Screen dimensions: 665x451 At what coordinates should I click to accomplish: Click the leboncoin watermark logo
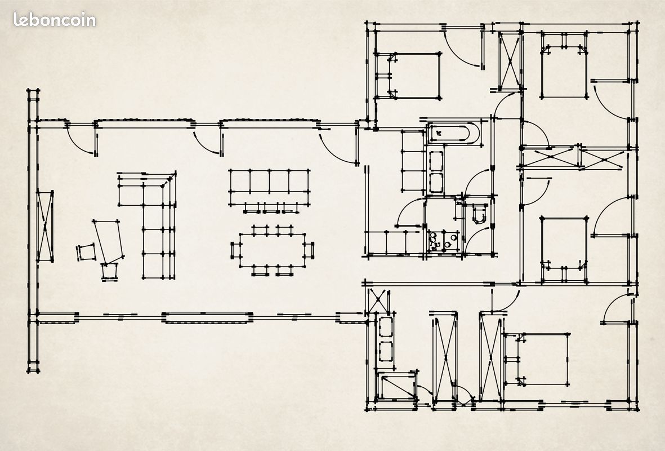[54, 20]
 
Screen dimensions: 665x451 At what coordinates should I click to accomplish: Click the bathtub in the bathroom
[453, 134]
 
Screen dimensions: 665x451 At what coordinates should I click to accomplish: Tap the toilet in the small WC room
[480, 214]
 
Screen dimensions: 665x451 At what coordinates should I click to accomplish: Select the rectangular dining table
[273, 250]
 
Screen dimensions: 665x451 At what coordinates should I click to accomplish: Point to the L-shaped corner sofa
[152, 221]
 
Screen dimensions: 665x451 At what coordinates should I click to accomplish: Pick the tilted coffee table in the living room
[108, 241]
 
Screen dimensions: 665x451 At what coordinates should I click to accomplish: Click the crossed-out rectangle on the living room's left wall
[45, 227]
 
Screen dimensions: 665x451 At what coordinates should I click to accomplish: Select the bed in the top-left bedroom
[413, 76]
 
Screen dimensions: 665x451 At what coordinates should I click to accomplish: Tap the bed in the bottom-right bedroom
[537, 359]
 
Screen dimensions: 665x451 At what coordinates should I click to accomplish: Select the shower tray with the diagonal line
[398, 386]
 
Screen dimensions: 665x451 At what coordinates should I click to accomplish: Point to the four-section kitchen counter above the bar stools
[269, 187]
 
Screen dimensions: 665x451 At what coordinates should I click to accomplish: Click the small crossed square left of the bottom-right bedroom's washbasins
[377, 301]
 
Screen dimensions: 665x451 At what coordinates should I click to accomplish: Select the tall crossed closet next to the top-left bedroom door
[510, 61]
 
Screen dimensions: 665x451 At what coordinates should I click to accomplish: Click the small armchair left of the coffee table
[86, 252]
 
